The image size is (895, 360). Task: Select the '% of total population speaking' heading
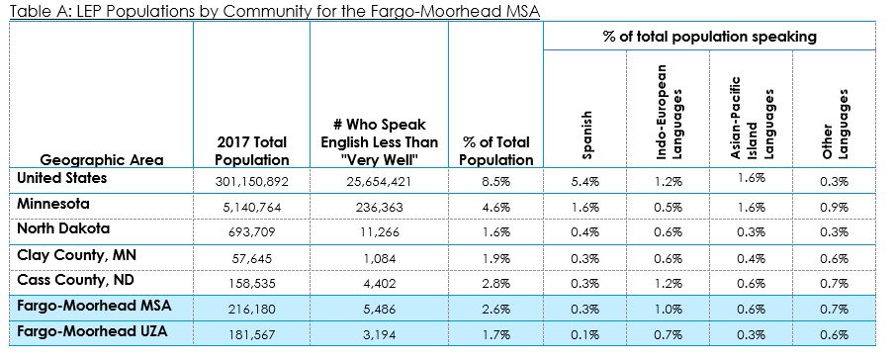point(709,37)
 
